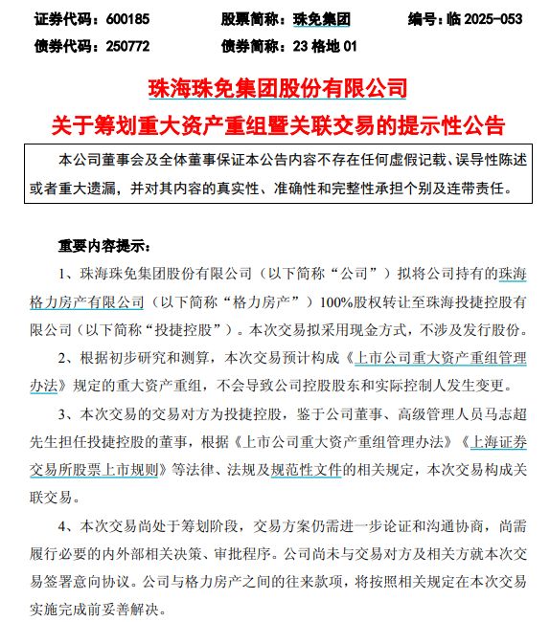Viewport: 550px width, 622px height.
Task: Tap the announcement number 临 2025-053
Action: point(484,18)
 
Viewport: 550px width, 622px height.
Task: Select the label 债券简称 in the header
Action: point(254,45)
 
